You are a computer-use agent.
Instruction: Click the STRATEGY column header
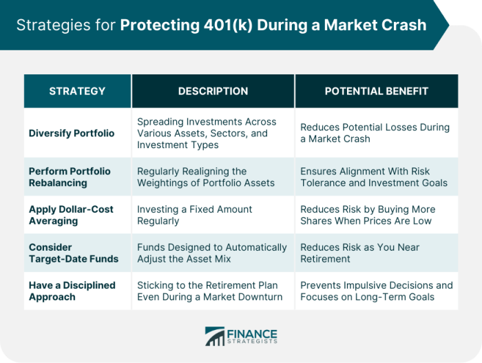click(77, 91)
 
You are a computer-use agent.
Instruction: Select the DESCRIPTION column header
click(213, 91)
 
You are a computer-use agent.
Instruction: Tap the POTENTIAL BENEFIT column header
click(377, 91)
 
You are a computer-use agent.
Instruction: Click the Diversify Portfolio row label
click(72, 133)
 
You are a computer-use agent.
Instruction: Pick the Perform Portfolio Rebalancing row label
click(70, 177)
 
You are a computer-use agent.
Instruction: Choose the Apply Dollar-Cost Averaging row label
click(71, 215)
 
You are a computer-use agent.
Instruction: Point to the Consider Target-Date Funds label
click(74, 253)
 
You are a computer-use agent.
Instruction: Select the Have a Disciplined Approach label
click(72, 291)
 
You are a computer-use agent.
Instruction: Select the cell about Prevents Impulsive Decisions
click(377, 291)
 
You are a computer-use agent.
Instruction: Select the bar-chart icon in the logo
click(215, 336)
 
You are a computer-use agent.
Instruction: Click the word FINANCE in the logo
click(252, 334)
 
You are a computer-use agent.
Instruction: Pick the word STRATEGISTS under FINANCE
click(252, 342)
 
